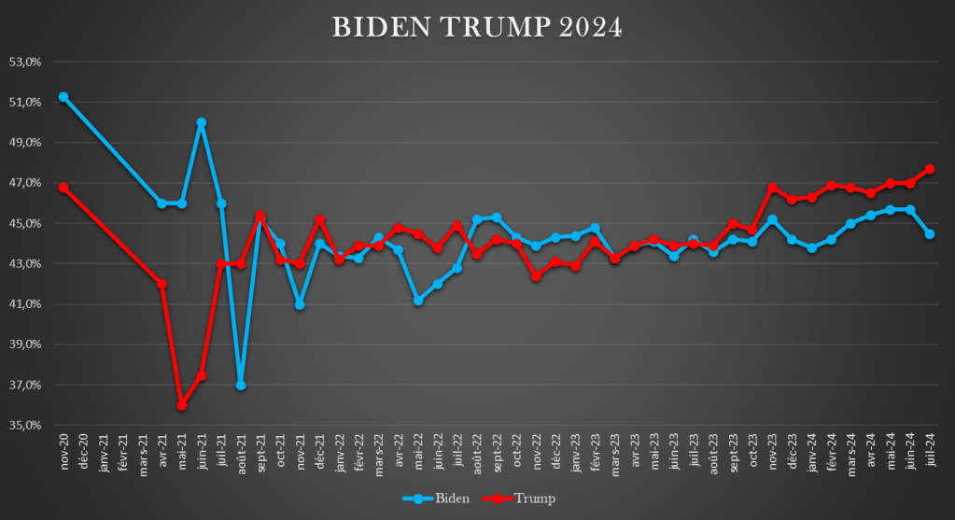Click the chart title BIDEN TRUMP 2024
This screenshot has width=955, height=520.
tap(477, 27)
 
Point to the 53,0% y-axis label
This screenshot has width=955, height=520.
tap(28, 62)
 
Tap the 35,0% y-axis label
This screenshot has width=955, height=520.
tap(28, 425)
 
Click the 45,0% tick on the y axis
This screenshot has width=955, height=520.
tap(28, 223)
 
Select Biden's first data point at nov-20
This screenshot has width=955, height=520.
tap(63, 97)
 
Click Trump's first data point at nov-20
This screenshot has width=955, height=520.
tap(63, 188)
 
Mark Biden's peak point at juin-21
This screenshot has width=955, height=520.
tap(202, 122)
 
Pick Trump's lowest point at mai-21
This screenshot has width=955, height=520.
tap(182, 405)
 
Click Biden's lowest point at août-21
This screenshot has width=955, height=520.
tap(241, 385)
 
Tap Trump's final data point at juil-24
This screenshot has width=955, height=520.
tap(931, 169)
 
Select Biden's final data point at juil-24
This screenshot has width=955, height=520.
tap(931, 233)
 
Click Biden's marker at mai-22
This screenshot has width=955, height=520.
tap(418, 301)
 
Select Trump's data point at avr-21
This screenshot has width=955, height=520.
tap(162, 284)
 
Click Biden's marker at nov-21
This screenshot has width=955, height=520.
tap(300, 304)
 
